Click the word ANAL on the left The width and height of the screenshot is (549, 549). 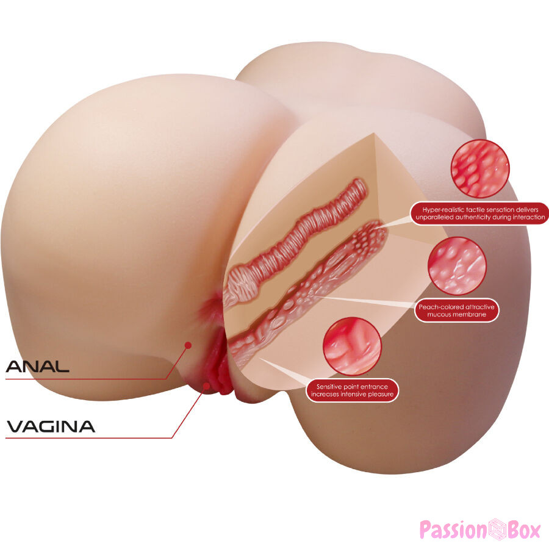click(37, 366)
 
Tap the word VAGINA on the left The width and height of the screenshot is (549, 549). click(51, 426)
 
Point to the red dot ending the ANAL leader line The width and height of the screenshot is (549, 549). click(188, 345)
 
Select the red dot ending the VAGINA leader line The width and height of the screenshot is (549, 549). click(207, 386)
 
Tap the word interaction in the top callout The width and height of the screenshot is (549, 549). click(529, 217)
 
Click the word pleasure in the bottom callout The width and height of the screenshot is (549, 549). click(381, 394)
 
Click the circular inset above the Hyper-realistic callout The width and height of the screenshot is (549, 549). click(479, 168)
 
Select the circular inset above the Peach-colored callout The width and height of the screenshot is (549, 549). click(457, 265)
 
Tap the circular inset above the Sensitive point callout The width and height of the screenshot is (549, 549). click(352, 346)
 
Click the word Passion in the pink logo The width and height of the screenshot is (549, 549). click(453, 529)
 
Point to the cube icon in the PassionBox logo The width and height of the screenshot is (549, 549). click(498, 529)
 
